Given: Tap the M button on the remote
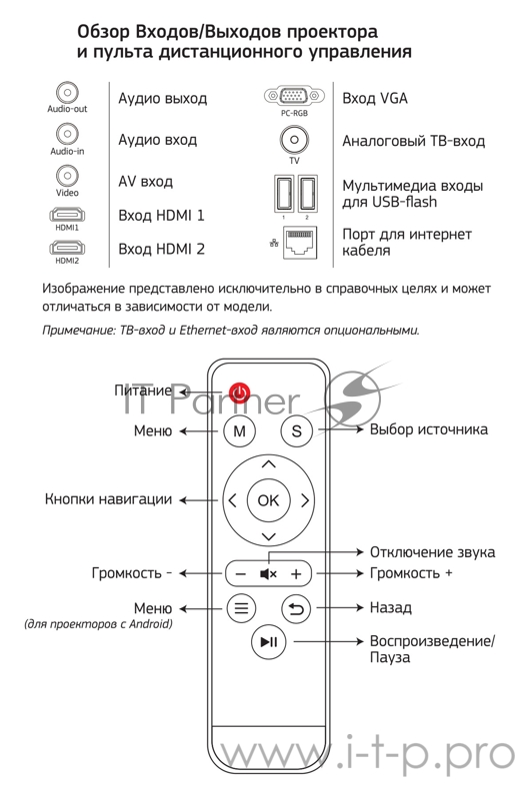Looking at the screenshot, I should coord(239,431).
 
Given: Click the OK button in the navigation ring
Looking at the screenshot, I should coord(267,500).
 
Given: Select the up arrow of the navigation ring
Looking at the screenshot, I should coord(267,464).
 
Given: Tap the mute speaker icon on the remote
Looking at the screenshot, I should coord(268,574).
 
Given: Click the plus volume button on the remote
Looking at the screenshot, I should coord(296,574).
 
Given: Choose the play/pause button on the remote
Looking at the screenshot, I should coord(268,642).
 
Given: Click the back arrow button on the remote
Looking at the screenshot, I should coord(296,607).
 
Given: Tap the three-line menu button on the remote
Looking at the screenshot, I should coord(240,607).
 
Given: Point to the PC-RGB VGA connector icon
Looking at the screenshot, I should coord(294,97).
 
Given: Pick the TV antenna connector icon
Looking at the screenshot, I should coord(294,140).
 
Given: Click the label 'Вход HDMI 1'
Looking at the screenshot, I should coord(161,215).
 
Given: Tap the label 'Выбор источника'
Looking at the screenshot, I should coord(429,429).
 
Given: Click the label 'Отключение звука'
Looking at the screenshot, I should coord(432,552).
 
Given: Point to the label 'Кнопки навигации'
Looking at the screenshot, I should coord(108,498).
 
